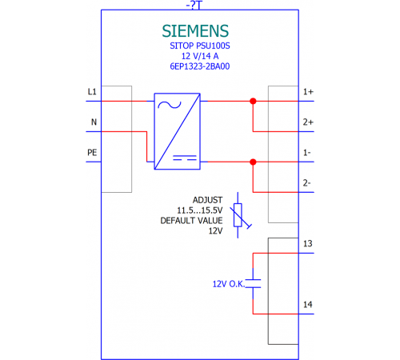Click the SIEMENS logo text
[x=195, y=31]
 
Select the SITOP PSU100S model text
[x=200, y=46]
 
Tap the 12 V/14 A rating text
[x=200, y=56]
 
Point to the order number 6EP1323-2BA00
[x=200, y=66]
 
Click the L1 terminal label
[x=92, y=92]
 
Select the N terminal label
[x=94, y=122]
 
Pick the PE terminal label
[x=92, y=153]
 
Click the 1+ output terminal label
[x=308, y=92]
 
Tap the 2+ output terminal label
[x=308, y=122]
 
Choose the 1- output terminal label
[x=307, y=153]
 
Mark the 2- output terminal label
[x=307, y=183]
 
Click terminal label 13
[x=308, y=243]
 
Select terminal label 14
[x=308, y=305]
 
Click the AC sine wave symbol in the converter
[x=170, y=105]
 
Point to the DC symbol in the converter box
[x=185, y=158]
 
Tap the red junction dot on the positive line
[x=253, y=101]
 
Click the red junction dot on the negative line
[x=253, y=162]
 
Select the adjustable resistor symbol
[x=238, y=215]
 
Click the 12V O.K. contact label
[x=229, y=284]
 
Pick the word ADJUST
[x=207, y=200]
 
